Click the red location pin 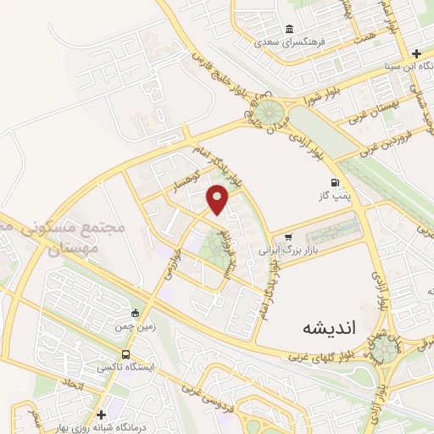click(x=219, y=199)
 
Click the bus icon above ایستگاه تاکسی click(x=125, y=354)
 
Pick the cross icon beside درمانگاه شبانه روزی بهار click(x=102, y=415)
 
